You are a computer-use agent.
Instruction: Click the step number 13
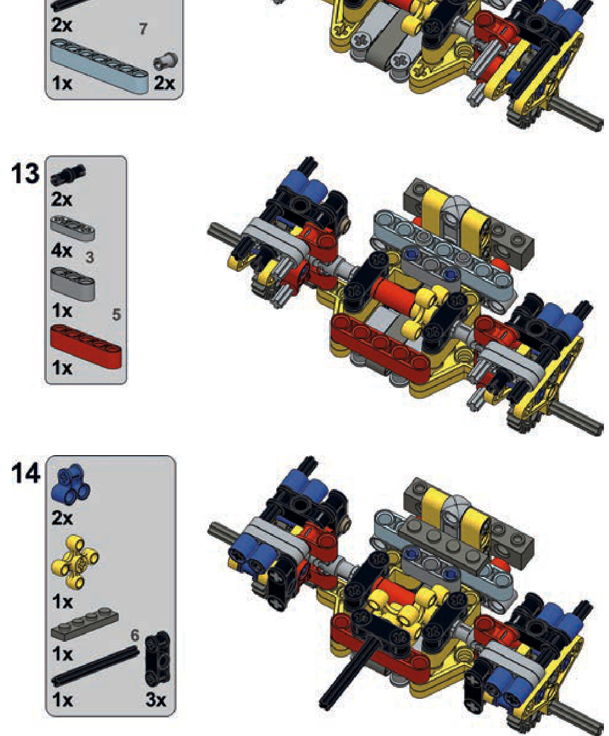pyautogui.click(x=25, y=174)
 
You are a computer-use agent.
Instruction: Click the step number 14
pyautogui.click(x=25, y=473)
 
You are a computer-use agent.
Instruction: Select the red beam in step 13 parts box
pyautogui.click(x=86, y=347)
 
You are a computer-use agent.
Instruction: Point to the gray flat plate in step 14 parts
pyautogui.click(x=85, y=624)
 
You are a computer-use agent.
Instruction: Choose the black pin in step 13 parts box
pyautogui.click(x=68, y=174)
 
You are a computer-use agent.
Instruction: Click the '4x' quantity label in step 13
pyautogui.click(x=61, y=250)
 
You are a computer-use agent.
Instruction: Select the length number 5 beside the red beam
pyautogui.click(x=116, y=315)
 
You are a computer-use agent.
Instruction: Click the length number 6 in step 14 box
pyautogui.click(x=135, y=635)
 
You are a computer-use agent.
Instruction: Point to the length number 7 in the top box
pyautogui.click(x=143, y=29)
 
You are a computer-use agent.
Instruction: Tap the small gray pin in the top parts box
pyautogui.click(x=165, y=61)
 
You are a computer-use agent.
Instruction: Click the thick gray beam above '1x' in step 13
pyautogui.click(x=73, y=284)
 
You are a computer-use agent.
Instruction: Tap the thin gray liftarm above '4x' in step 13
pyautogui.click(x=73, y=228)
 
